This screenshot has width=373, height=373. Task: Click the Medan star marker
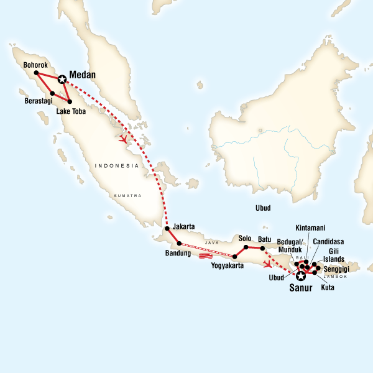click(62, 79)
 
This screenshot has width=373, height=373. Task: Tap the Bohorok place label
click(35, 64)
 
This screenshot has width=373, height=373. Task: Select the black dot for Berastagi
click(52, 94)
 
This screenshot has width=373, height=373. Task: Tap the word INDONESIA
click(116, 165)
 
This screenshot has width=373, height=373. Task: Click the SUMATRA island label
click(127, 195)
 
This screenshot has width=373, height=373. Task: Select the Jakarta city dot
click(167, 229)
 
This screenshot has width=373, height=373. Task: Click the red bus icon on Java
click(206, 256)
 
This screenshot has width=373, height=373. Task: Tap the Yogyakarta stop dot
click(234, 256)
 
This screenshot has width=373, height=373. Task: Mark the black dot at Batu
click(262, 249)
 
